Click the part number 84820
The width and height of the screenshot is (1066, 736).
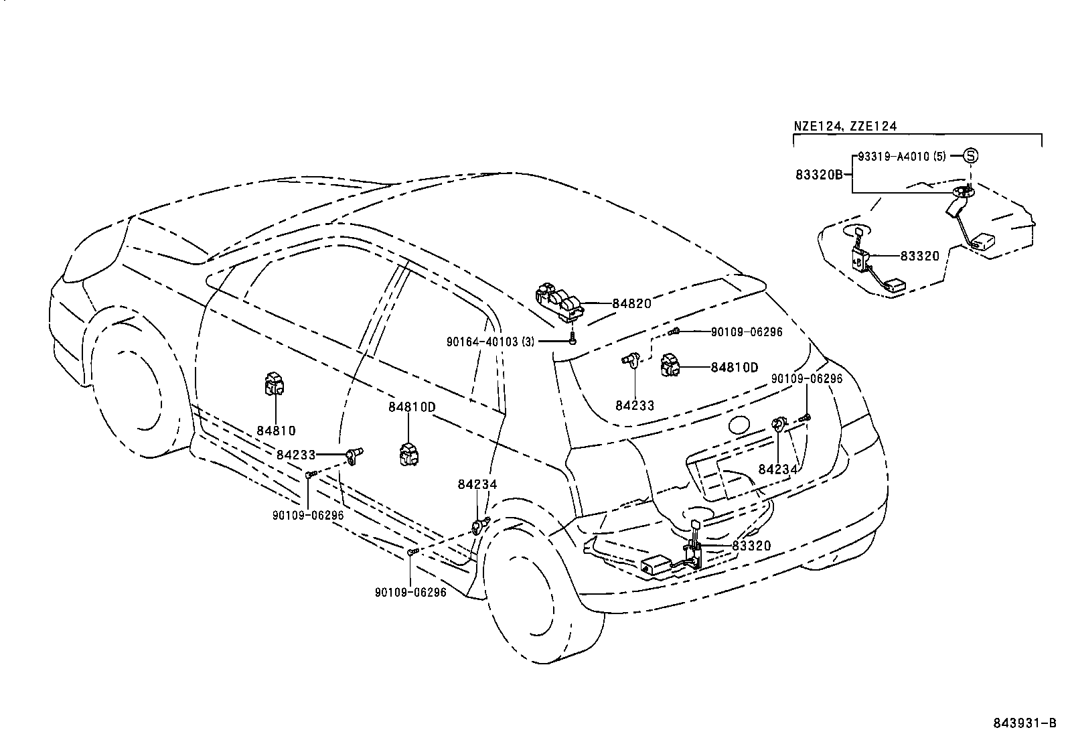point(631,303)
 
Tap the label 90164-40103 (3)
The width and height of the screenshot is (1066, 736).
point(490,342)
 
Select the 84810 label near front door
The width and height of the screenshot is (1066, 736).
point(276,431)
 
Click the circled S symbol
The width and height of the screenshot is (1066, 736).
point(970,155)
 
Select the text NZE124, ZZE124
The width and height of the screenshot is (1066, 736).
point(845,126)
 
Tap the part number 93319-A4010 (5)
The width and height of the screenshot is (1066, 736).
point(902,156)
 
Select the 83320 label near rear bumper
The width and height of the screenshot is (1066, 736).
point(751,546)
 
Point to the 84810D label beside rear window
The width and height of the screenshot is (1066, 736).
point(734,367)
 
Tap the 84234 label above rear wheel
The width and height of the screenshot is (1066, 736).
point(478,484)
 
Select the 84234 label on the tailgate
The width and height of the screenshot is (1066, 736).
point(777,469)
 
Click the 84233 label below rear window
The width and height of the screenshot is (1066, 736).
point(635,405)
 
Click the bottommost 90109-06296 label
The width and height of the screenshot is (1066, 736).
point(410,592)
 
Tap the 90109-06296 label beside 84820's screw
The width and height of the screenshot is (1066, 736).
point(747,332)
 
